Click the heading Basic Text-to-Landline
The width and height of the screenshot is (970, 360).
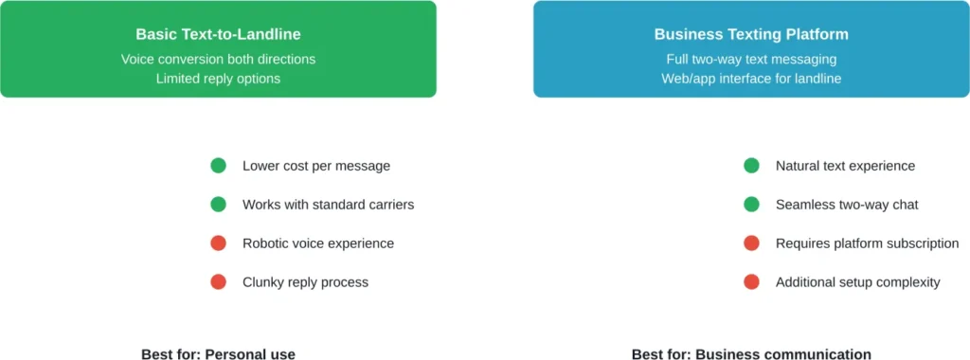(x=218, y=34)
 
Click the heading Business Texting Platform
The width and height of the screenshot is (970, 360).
(x=751, y=34)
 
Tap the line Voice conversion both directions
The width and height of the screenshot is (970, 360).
(x=218, y=59)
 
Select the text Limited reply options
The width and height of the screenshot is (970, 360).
(x=218, y=79)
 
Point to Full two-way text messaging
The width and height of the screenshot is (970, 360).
(x=751, y=59)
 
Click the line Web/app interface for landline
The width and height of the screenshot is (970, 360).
(x=751, y=79)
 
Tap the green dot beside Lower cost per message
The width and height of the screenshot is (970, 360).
(x=219, y=166)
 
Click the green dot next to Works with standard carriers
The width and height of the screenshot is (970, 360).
(x=219, y=205)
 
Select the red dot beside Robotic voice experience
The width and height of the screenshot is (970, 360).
(x=219, y=243)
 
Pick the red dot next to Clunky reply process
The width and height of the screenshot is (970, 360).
(x=219, y=282)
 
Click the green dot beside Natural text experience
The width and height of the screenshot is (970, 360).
(x=752, y=166)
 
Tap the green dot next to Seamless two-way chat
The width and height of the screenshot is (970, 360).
(x=752, y=205)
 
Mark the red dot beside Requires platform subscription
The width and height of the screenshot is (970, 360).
(x=752, y=243)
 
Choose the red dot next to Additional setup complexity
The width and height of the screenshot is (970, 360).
(x=752, y=282)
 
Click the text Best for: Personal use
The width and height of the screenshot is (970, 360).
(x=218, y=354)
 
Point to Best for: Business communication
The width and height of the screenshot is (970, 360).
(x=751, y=354)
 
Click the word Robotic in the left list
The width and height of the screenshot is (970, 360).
(x=266, y=243)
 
